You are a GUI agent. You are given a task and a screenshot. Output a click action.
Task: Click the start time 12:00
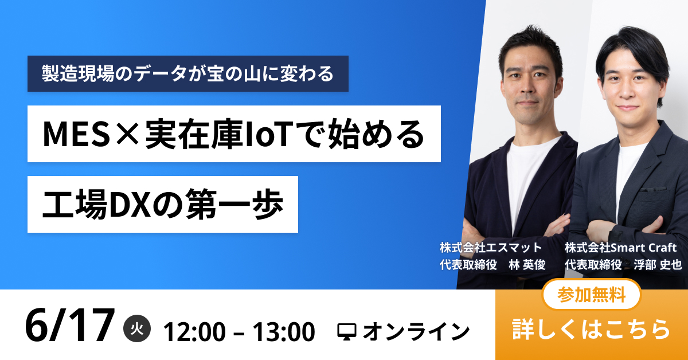(x=191, y=331)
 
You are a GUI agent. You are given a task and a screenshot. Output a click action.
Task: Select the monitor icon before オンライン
(x=347, y=331)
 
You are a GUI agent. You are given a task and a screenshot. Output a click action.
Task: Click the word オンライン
(x=416, y=331)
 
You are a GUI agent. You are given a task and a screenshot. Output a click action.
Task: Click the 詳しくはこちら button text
(x=591, y=329)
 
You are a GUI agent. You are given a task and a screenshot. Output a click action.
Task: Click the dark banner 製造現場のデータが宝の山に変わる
(x=187, y=73)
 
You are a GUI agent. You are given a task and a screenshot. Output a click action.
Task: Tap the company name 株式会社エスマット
(x=491, y=248)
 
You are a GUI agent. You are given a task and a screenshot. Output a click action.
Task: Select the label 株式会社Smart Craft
(x=621, y=248)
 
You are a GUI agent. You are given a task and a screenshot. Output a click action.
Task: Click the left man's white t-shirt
(x=525, y=172)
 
